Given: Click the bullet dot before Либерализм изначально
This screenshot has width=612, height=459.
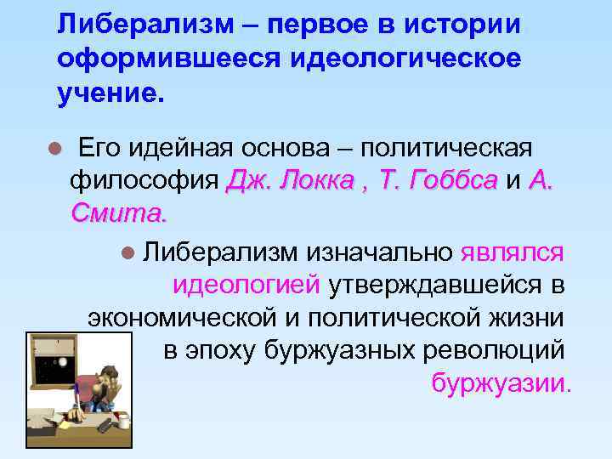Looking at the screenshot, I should coord(128,252).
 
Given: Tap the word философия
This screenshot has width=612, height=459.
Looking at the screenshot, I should coord(145,180).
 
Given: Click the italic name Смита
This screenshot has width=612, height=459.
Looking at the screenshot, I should coord(119,212).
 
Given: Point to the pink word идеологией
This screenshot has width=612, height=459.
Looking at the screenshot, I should coord(246,285).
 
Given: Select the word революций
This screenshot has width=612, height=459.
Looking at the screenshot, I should coord(492,350).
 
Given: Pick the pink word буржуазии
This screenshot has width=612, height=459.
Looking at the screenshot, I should coord(498,383).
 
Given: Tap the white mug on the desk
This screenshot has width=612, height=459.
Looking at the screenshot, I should coord(124,422).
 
